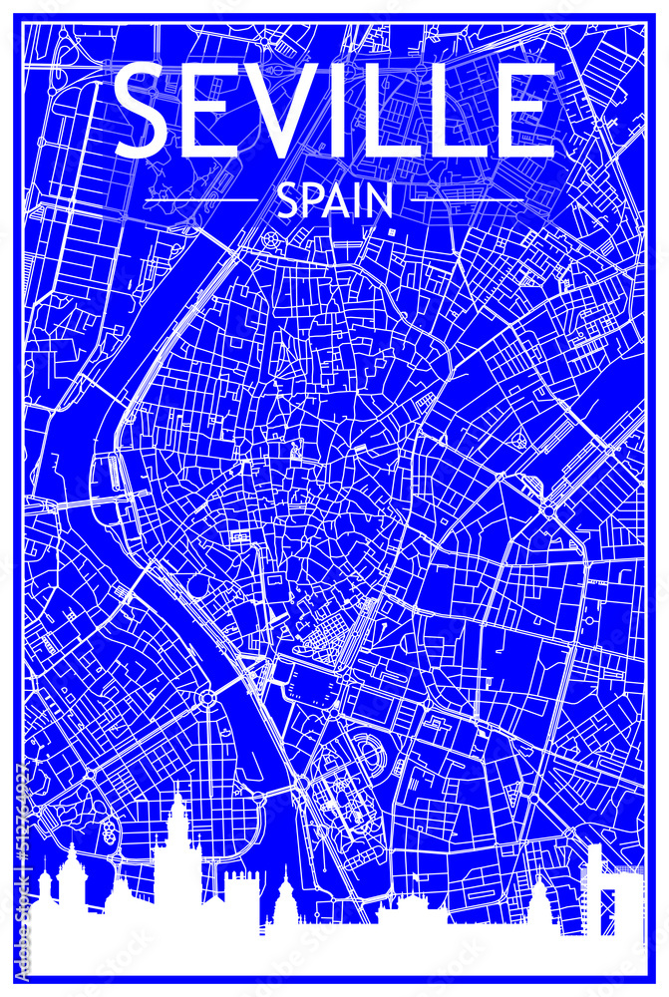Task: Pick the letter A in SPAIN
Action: [339, 202]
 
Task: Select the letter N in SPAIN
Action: [380, 202]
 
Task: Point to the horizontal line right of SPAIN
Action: [467, 200]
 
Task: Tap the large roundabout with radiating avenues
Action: [207, 698]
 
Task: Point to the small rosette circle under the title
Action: [270, 239]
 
